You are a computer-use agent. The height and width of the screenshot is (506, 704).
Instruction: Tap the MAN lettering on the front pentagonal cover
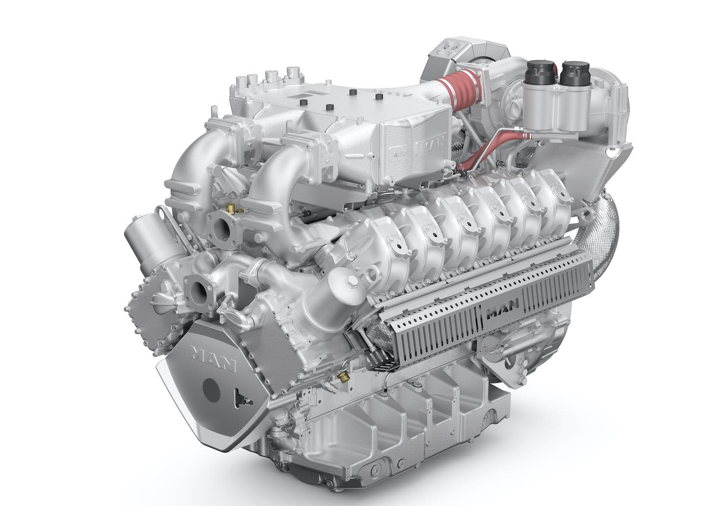pos(212,358)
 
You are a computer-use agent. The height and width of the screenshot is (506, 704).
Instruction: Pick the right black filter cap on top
pos(575,73)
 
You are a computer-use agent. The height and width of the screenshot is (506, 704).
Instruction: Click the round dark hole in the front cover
pos(211,389)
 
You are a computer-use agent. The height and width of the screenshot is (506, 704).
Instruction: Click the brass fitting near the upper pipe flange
pos(232,207)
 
